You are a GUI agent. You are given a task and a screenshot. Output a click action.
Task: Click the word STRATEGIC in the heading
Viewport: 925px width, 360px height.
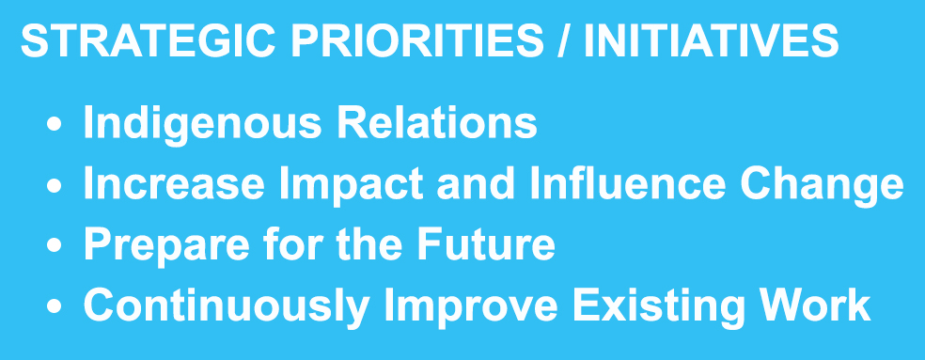[148, 40]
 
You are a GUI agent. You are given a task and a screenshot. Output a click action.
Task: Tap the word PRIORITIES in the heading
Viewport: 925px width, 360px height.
[417, 40]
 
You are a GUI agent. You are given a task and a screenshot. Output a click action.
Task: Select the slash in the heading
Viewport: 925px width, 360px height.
[564, 40]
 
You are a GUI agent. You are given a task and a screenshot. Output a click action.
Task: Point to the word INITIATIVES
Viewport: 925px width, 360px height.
[711, 40]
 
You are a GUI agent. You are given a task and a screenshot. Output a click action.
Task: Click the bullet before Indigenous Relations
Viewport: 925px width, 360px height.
[55, 124]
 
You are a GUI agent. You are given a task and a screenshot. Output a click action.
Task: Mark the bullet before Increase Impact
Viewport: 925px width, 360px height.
[55, 185]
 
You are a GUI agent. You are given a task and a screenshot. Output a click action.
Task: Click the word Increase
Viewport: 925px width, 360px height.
[174, 183]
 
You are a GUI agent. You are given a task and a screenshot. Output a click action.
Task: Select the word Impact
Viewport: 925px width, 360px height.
[351, 185]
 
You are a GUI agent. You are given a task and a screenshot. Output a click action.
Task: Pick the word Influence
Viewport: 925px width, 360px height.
[627, 183]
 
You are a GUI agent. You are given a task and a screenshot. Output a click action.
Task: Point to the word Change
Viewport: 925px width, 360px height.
[822, 185]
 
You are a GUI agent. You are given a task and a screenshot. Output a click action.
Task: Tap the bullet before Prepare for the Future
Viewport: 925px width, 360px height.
[55, 245]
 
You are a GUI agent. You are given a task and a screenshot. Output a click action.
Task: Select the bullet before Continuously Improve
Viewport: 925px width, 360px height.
[55, 305]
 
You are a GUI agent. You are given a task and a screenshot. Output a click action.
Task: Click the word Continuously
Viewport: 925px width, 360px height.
[226, 306]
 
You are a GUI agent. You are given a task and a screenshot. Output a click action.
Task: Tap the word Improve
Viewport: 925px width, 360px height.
[471, 306]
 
